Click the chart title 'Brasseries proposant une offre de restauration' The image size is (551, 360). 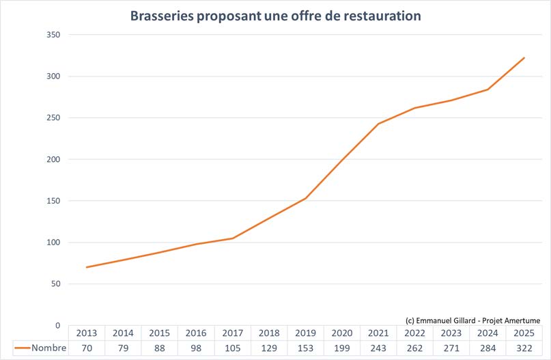(x=276, y=15)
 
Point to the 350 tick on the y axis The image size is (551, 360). (x=53, y=35)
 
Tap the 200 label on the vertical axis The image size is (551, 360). (x=53, y=159)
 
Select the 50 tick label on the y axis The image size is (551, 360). (x=55, y=284)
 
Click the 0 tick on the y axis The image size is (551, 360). (x=57, y=325)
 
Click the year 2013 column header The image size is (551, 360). (x=87, y=333)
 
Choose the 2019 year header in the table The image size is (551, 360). (x=305, y=333)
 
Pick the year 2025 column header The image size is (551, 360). (x=524, y=333)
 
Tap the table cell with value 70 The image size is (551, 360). (x=87, y=348)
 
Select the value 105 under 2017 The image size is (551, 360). (x=232, y=348)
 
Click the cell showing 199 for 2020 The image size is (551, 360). (x=341, y=348)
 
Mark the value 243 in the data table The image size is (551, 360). (x=378, y=348)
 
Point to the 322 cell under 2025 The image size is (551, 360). (x=524, y=348)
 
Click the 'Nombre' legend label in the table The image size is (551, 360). (x=49, y=348)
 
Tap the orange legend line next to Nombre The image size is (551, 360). (x=22, y=348)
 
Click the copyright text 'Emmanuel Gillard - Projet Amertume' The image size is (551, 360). (x=472, y=320)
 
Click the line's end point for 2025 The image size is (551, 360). (x=524, y=58)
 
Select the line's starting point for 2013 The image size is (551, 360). (x=87, y=267)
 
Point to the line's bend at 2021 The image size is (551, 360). (x=378, y=124)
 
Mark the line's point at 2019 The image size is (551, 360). (x=305, y=198)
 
